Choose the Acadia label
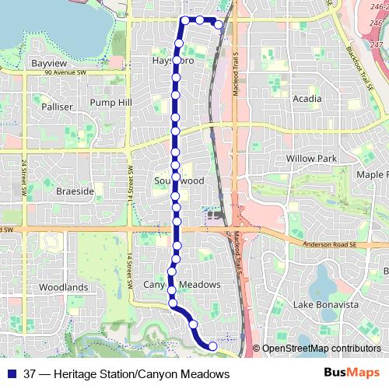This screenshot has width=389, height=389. [x=307, y=99]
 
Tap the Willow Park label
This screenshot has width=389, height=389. [x=311, y=159]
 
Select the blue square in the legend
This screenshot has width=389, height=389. [x=12, y=374]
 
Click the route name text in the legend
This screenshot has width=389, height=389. [x=127, y=374]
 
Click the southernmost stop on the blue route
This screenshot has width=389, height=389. [x=213, y=345]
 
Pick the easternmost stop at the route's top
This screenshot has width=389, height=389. [x=219, y=25]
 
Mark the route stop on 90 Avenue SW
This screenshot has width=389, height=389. [x=177, y=60]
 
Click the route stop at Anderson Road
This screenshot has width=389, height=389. [x=177, y=231]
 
